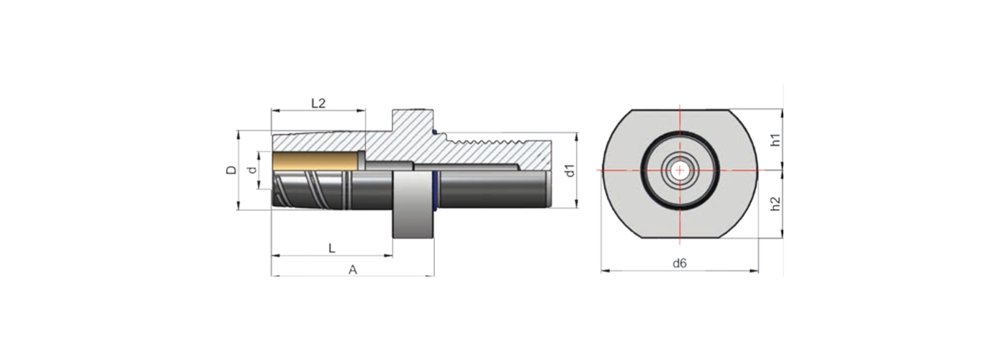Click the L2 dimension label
(318, 103)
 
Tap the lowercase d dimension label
(251, 170)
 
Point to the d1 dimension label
(568, 171)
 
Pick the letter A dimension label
(353, 269)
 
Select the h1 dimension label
(775, 140)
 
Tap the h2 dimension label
(775, 204)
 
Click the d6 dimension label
(680, 264)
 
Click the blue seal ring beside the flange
(436, 191)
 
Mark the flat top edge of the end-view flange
(680, 110)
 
